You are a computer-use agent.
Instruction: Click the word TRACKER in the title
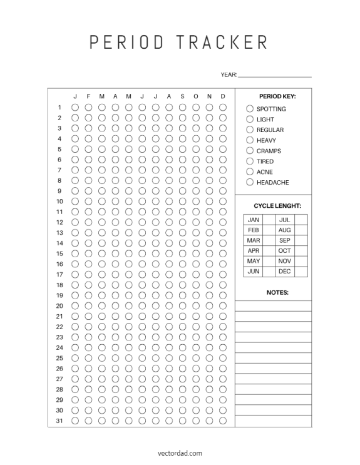click(222, 42)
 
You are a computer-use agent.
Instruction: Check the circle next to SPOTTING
click(250, 109)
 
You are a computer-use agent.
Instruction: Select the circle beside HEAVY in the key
click(250, 140)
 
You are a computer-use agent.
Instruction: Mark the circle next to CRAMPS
click(250, 151)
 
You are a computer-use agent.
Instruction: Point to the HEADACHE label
click(272, 183)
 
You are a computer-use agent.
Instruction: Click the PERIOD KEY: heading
click(277, 96)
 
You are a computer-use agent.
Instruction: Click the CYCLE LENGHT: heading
click(277, 205)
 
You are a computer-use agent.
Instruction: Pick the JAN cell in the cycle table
click(253, 220)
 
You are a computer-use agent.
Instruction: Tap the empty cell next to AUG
click(301, 230)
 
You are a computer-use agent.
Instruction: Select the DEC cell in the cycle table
click(285, 272)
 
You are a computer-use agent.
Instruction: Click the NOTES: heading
click(277, 292)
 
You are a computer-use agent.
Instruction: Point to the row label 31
click(59, 421)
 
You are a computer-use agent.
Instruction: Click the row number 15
click(59, 253)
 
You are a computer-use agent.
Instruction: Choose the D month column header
click(222, 96)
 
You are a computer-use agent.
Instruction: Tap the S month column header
click(182, 96)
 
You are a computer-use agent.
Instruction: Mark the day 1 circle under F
click(88, 107)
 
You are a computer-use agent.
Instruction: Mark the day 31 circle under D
click(222, 421)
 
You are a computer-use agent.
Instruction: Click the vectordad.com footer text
click(180, 452)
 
